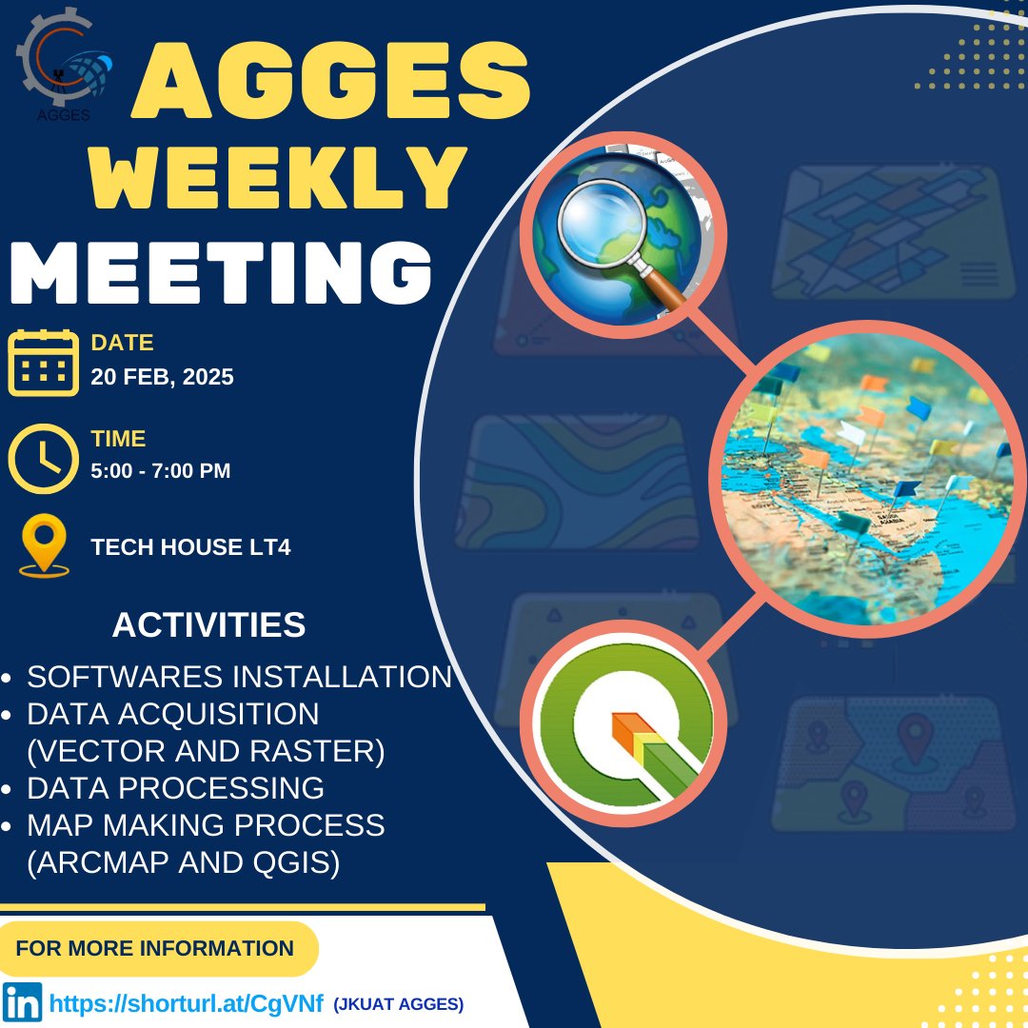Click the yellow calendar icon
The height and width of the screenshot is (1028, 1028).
point(43,362)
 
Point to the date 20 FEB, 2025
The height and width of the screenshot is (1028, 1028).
point(162,377)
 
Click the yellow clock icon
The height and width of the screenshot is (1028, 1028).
point(43,458)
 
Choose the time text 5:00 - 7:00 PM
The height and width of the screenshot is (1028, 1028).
point(161,470)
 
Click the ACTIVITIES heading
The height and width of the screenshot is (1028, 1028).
point(208,625)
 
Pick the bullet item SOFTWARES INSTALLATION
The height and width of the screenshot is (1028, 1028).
point(239,677)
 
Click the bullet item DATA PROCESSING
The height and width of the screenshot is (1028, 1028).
point(175,788)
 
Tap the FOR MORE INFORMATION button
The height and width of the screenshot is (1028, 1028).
point(155,948)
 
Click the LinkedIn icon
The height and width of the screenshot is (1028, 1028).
point(22,1003)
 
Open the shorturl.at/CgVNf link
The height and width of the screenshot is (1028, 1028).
point(187,1003)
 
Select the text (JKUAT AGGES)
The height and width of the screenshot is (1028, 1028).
point(398,1004)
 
